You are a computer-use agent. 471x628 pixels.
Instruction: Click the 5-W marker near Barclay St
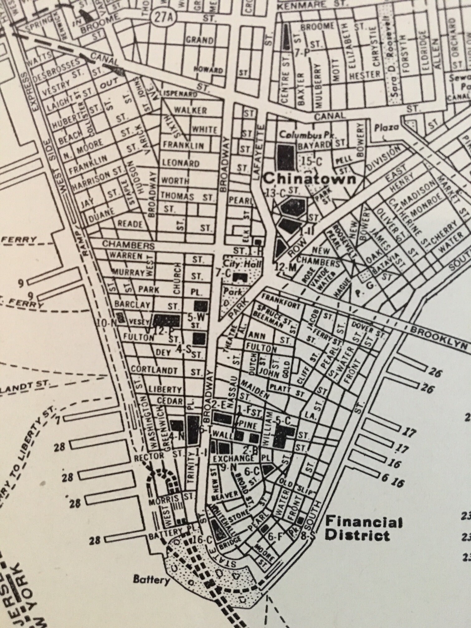pyautogui.click(x=196, y=317)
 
